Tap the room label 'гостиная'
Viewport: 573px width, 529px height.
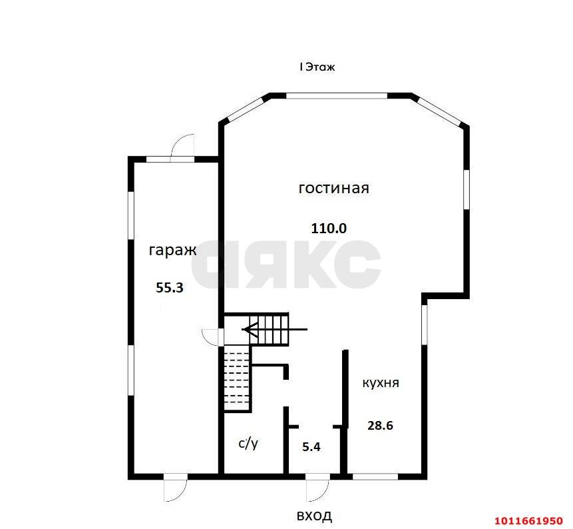[333, 189]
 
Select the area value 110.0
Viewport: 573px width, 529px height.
[329, 228]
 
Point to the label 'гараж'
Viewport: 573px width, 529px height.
[172, 251]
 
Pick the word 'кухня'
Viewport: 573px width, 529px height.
[381, 383]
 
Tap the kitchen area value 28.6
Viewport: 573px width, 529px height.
[380, 425]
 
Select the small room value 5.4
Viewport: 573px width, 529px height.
[311, 447]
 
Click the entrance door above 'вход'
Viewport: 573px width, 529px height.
[318, 487]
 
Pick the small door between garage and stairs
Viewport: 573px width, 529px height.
[212, 336]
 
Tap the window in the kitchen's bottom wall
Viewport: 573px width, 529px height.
[375, 476]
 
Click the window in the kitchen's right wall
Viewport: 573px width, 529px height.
[424, 324]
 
